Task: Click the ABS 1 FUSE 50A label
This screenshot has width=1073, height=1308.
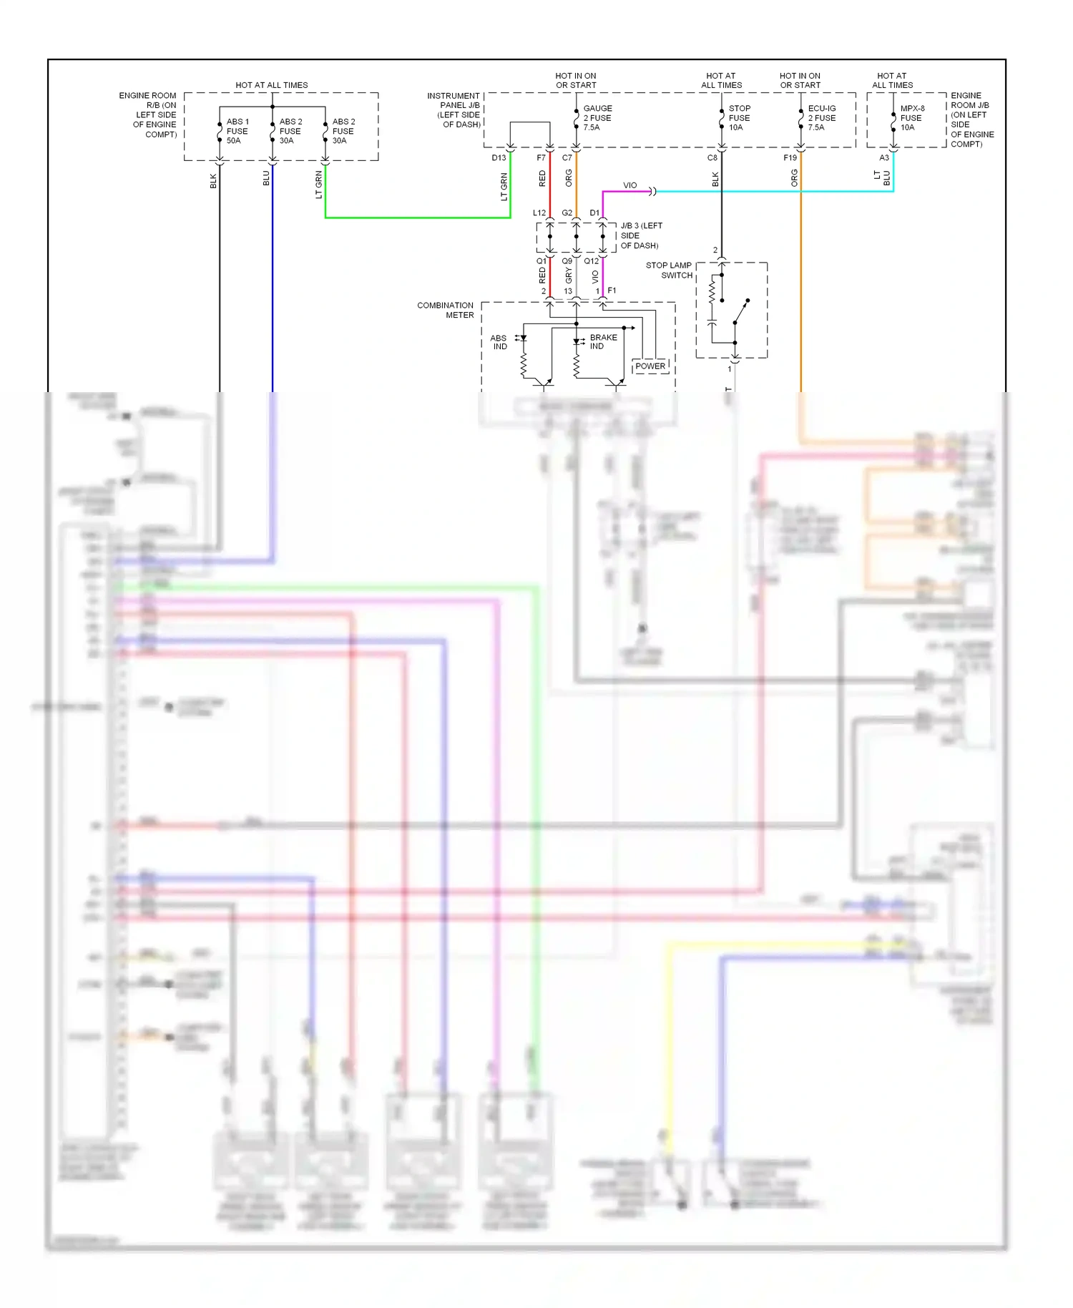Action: [x=237, y=132]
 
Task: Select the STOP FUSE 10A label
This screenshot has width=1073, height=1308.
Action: [x=739, y=118]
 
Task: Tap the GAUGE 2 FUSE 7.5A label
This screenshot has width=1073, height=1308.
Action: [x=597, y=118]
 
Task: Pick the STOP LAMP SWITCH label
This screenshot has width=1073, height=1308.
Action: [x=669, y=270]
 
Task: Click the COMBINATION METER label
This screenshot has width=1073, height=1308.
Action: [x=446, y=310]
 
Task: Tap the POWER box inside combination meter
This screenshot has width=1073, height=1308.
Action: [x=650, y=366]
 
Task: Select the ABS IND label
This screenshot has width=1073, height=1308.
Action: [x=499, y=342]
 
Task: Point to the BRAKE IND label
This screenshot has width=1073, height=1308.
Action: [x=603, y=342]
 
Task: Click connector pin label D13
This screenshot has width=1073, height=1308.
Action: [x=499, y=158]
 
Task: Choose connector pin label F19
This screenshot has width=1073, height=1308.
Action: [x=790, y=158]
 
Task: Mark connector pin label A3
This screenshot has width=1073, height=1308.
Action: [x=884, y=158]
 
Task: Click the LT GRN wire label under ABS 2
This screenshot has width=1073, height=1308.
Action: [x=319, y=185]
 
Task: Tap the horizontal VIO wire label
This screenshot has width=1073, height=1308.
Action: [x=629, y=185]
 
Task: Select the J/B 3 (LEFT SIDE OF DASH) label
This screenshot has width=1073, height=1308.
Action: [x=640, y=235]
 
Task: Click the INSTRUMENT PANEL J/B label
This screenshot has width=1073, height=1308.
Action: [x=454, y=109]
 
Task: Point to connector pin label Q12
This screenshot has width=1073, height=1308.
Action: [x=591, y=261]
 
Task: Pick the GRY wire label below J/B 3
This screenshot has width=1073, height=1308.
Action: [x=569, y=275]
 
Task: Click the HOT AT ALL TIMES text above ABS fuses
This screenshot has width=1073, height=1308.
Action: [x=272, y=85]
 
